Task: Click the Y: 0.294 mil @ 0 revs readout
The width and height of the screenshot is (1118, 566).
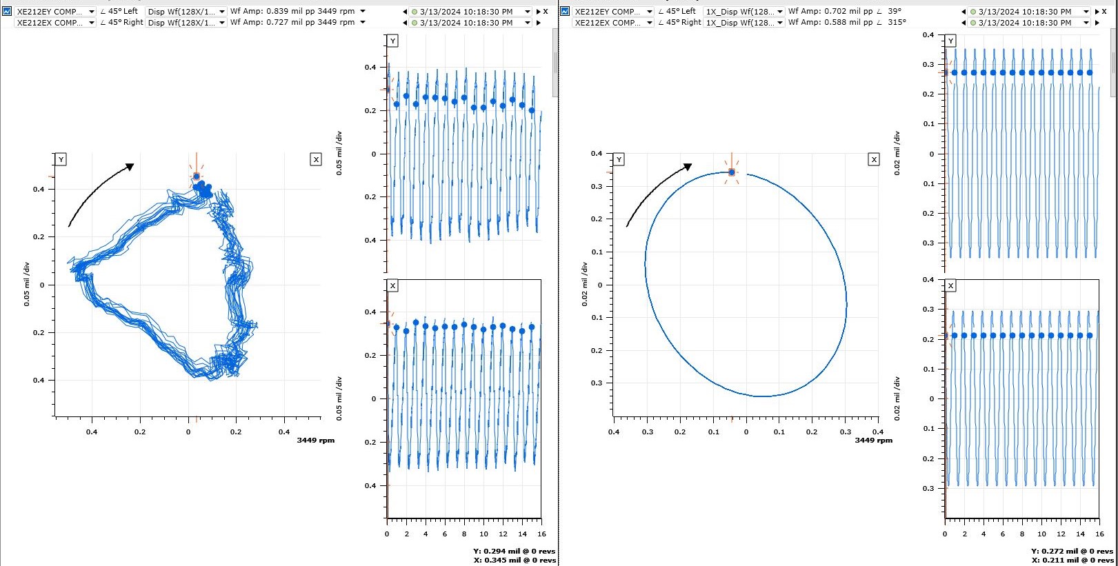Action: pyautogui.click(x=514, y=551)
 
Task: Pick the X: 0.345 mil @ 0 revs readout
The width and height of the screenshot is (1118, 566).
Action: pyautogui.click(x=514, y=560)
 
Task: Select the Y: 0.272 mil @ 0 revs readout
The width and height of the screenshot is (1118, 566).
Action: pyautogui.click(x=1072, y=551)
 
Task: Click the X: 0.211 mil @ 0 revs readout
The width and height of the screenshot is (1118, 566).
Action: pyautogui.click(x=1072, y=560)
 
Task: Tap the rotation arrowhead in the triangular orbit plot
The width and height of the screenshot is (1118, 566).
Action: pyautogui.click(x=130, y=166)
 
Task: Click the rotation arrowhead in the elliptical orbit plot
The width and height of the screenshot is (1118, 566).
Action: pyautogui.click(x=687, y=167)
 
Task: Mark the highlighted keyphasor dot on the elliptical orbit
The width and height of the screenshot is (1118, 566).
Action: pyautogui.click(x=732, y=172)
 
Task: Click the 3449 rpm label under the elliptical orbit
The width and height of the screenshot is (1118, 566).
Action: pyautogui.click(x=873, y=440)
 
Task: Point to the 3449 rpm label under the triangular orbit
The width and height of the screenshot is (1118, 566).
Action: pyautogui.click(x=315, y=440)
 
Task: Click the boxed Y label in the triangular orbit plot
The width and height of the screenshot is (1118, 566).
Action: pyautogui.click(x=61, y=159)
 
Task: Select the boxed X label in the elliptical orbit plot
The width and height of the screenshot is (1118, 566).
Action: pyautogui.click(x=874, y=159)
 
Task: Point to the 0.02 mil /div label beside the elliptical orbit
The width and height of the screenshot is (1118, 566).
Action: pyautogui.click(x=585, y=284)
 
